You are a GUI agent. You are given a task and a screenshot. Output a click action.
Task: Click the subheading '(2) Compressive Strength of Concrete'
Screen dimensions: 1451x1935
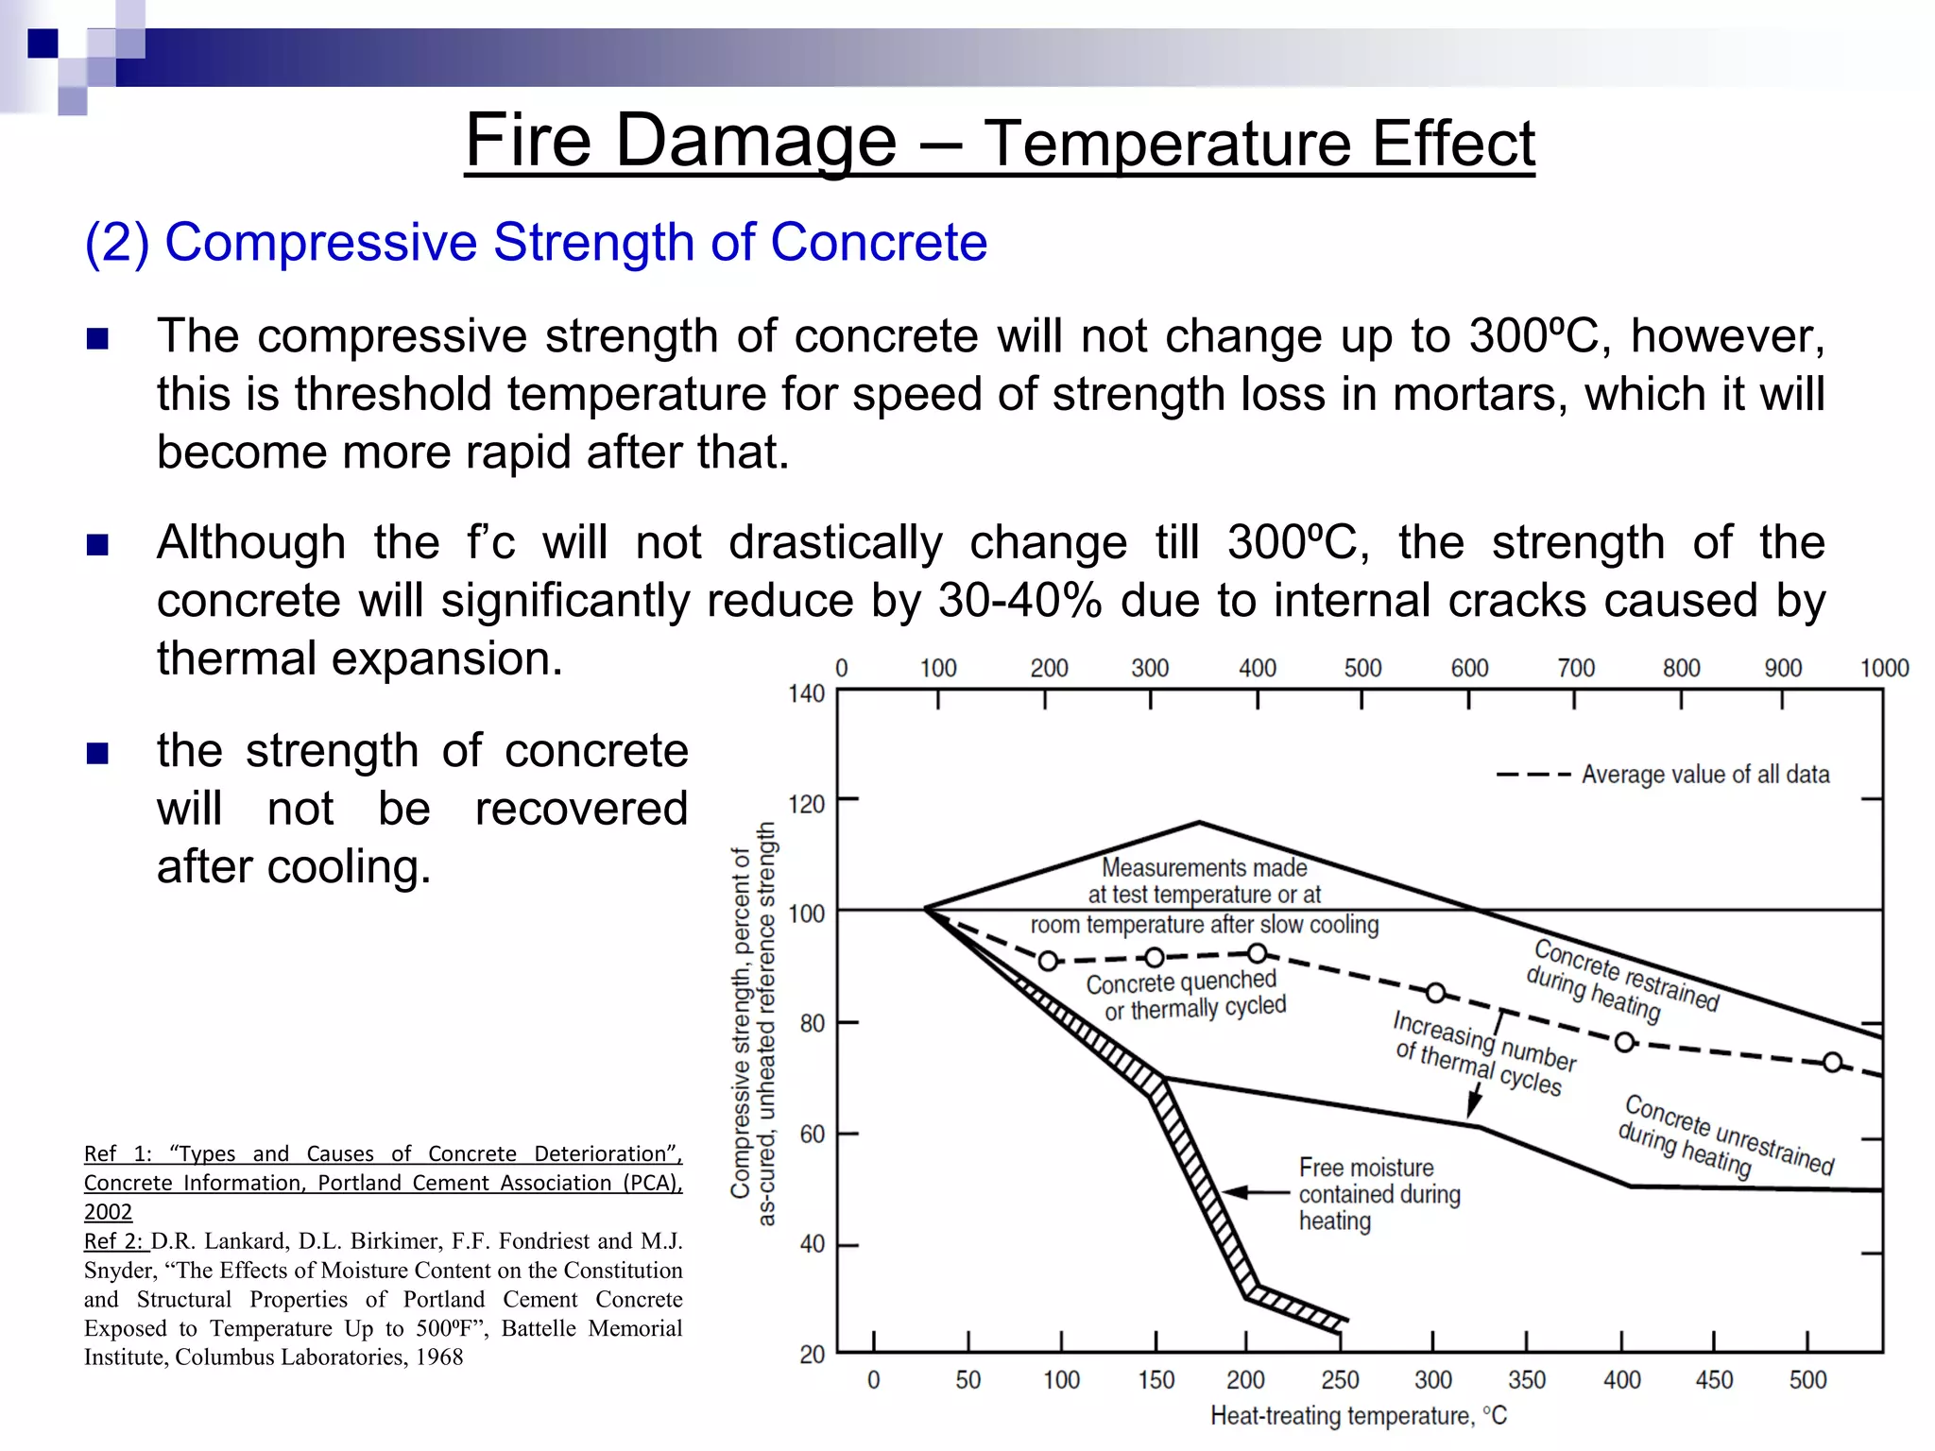536,242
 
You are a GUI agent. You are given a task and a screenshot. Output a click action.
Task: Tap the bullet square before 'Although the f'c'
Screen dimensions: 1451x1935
97,545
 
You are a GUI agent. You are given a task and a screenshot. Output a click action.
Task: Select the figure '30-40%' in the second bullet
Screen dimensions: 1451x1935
1020,601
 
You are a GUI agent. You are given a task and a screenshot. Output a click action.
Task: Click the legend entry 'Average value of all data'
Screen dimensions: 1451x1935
1704,775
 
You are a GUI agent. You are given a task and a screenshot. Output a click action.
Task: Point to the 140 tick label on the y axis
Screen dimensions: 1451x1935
806,694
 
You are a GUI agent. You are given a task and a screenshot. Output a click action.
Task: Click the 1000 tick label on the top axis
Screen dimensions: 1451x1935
1884,669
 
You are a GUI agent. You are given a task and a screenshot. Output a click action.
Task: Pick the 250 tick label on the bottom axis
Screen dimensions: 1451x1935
1339,1380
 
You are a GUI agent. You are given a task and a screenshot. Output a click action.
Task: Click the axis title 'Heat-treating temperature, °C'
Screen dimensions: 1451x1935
1358,1416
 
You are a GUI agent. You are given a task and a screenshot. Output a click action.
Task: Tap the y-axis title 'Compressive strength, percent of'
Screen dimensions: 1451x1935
741,1023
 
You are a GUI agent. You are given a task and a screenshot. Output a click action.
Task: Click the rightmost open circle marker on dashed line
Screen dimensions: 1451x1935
1832,1063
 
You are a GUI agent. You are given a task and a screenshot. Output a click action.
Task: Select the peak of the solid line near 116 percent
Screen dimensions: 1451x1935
1199,823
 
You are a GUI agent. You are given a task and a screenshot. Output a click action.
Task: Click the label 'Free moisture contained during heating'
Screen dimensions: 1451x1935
1378,1194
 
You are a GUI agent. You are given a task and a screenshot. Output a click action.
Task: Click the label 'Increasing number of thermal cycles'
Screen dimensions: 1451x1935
1483,1053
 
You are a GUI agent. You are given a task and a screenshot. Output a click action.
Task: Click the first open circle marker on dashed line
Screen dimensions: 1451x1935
1048,961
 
